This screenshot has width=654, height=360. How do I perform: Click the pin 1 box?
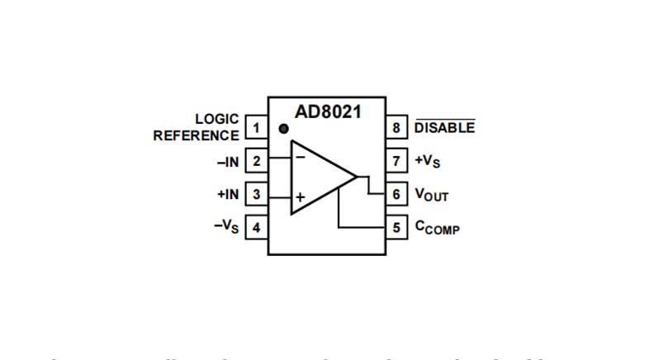tap(256, 128)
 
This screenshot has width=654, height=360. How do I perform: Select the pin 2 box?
tap(256, 161)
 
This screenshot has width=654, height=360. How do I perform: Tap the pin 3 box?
tap(256, 194)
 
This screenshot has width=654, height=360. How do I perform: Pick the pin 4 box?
tap(256, 227)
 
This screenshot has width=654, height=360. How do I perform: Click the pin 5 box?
tap(397, 227)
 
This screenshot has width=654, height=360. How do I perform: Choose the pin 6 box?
tap(397, 194)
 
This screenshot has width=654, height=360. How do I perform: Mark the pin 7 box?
tap(397, 161)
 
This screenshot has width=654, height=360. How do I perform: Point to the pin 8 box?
tap(397, 128)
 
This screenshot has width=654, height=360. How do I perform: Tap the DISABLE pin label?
tap(444, 128)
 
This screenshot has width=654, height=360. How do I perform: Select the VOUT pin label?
tap(431, 195)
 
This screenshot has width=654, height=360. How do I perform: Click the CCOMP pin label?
tap(437, 228)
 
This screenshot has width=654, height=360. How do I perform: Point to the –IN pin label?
tap(228, 162)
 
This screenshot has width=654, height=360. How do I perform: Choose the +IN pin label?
tap(227, 195)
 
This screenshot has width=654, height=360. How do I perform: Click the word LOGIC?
tap(217, 120)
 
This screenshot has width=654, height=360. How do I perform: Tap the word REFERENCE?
tap(196, 135)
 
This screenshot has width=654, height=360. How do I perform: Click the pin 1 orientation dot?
tap(283, 129)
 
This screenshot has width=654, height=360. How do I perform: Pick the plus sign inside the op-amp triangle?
tap(300, 197)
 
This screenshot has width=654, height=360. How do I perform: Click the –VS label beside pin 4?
tap(226, 227)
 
